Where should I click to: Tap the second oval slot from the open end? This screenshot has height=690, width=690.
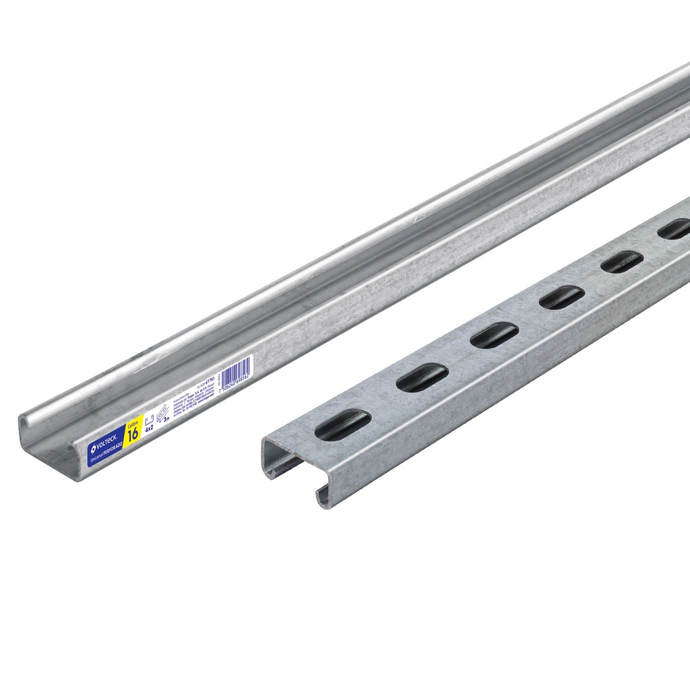(422, 377)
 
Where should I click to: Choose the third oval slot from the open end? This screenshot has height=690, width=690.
(494, 335)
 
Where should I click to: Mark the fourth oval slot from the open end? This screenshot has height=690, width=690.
(562, 296)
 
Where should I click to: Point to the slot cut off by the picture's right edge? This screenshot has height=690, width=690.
(675, 229)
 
